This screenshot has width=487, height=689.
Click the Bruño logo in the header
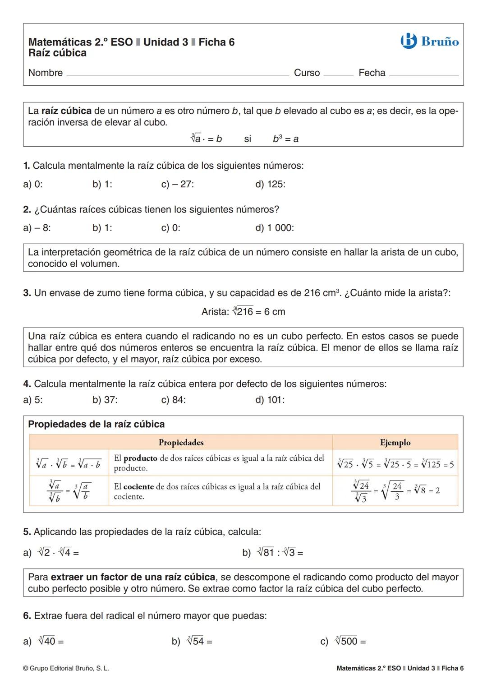(429, 42)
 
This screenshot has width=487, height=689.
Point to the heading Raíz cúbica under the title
(57, 53)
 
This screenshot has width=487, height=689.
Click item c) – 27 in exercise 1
(178, 185)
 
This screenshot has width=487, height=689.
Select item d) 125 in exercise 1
(270, 185)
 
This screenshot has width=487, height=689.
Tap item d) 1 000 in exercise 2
(274, 228)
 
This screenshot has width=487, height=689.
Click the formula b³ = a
(285, 139)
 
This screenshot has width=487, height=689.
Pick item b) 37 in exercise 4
(105, 400)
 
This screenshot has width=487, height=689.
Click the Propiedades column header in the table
(181, 443)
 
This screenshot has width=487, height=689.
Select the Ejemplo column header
(395, 443)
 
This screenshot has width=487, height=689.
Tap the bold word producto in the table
(140, 458)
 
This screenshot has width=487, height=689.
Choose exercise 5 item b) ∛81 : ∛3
(273, 552)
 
